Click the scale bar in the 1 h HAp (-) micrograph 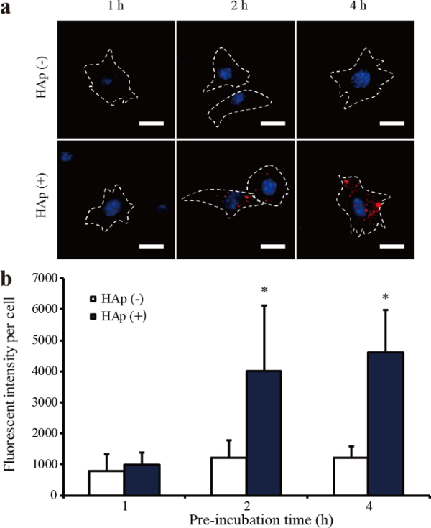[x=152, y=123]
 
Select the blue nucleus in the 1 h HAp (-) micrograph [x=107, y=81]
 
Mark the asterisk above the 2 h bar [x=265, y=290]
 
